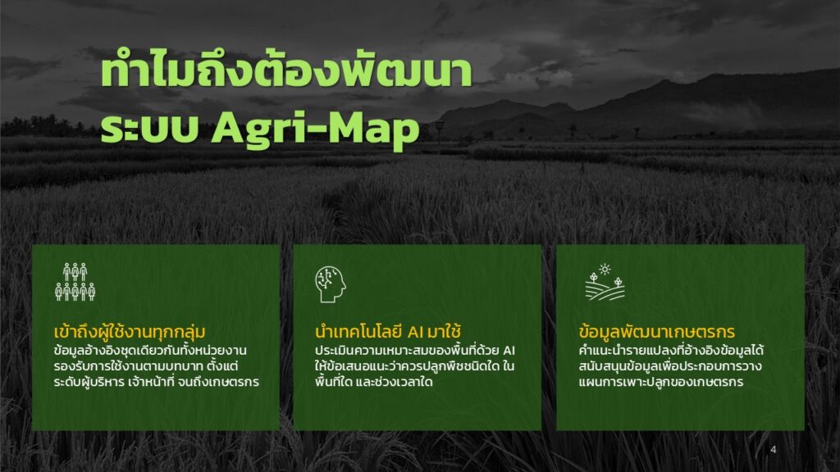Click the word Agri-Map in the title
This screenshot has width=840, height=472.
[315, 129]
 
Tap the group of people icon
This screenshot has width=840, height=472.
[75, 282]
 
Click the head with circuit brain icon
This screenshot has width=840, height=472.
[330, 284]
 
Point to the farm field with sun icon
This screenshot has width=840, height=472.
[605, 282]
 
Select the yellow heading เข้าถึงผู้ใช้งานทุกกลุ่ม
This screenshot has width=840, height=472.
[130, 332]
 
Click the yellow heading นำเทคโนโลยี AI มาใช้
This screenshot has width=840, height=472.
[388, 332]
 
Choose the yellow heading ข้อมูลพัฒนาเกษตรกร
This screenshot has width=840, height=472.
[657, 332]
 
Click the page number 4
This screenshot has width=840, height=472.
[773, 450]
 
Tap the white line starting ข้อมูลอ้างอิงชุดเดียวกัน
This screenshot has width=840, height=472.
[150, 351]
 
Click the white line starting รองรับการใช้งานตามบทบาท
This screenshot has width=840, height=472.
[146, 366]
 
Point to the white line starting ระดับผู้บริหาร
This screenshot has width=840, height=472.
[157, 382]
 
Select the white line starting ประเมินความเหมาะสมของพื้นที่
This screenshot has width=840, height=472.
[414, 351]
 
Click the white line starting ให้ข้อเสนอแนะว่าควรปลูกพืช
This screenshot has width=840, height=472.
[414, 366]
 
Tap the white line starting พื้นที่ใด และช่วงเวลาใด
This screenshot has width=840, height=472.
[373, 382]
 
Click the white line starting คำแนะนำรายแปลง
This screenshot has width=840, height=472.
[671, 351]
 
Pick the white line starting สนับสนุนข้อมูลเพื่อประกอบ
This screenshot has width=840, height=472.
[669, 366]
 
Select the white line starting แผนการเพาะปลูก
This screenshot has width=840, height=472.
[660, 382]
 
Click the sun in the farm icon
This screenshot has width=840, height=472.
[605, 269]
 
